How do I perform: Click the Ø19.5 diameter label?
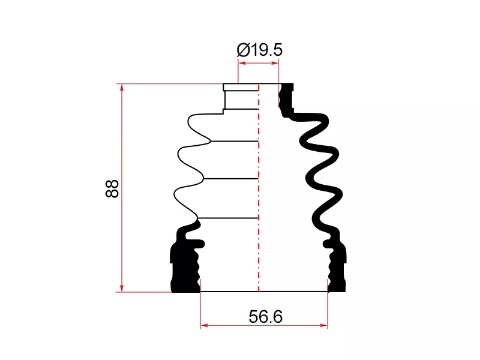(x=260, y=50)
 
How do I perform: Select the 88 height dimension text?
(x=112, y=188)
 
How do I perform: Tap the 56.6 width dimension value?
(x=265, y=317)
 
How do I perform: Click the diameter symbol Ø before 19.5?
(x=244, y=50)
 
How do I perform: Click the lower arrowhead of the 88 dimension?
(x=122, y=287)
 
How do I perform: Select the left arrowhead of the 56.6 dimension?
(x=205, y=325)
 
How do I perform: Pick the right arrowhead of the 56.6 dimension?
(x=323, y=325)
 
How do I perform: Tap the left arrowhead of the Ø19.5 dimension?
(x=242, y=63)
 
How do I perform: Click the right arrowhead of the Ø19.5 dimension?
(x=275, y=63)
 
